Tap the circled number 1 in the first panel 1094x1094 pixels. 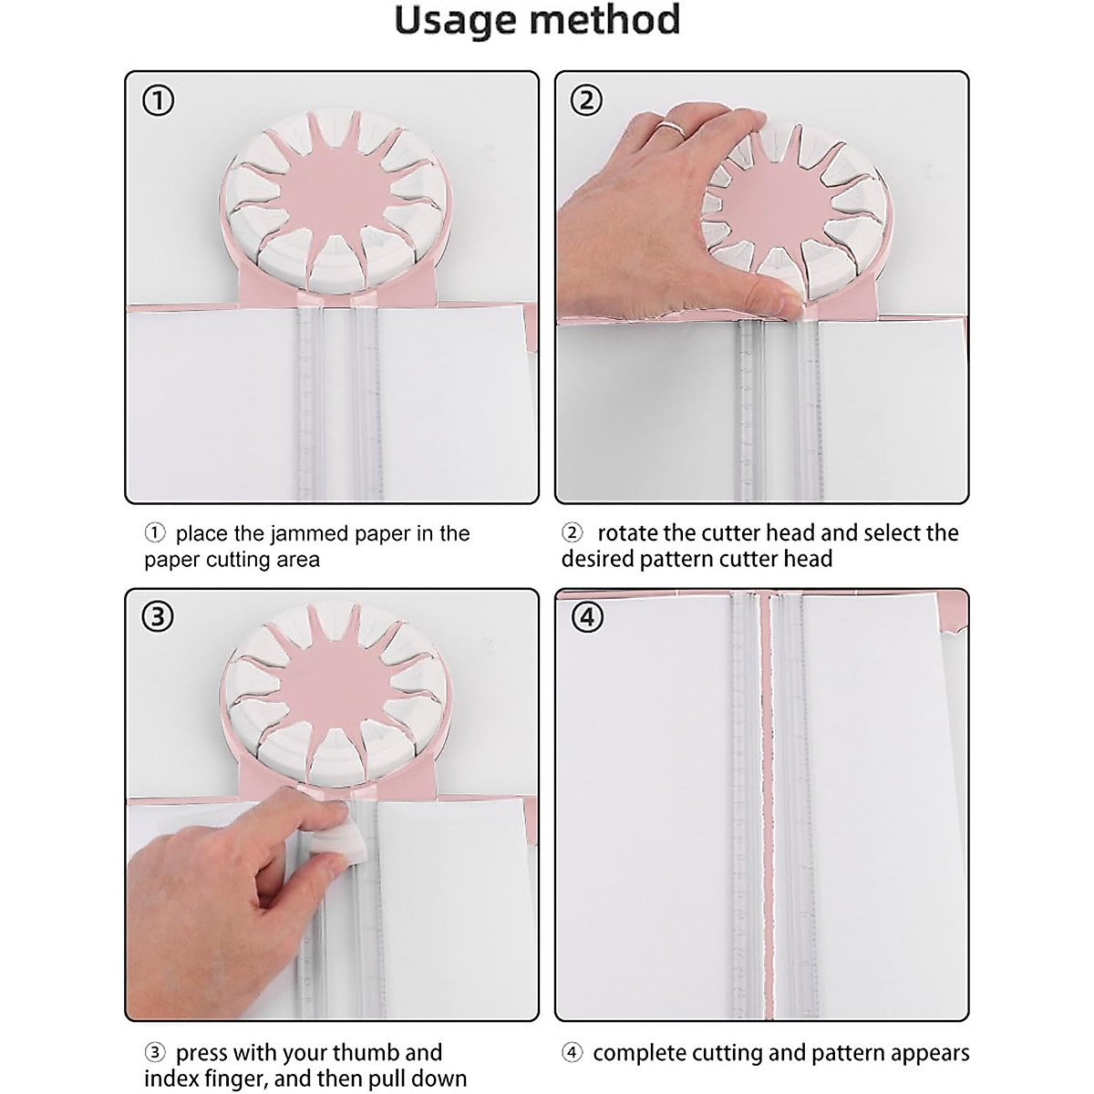point(159,100)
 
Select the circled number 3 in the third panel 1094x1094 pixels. point(159,617)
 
